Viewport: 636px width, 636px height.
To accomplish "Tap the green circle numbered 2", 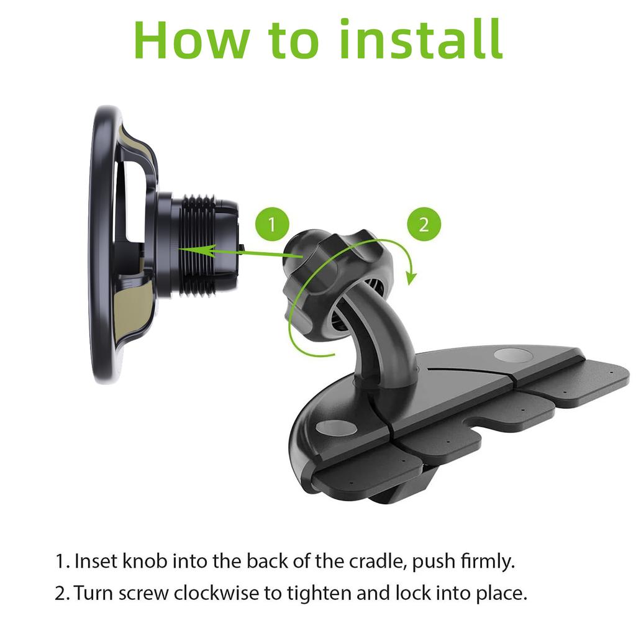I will click(x=424, y=224).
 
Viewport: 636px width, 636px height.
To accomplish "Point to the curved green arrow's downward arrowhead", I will click(x=410, y=277).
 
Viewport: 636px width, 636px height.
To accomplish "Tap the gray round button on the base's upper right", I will click(x=511, y=357).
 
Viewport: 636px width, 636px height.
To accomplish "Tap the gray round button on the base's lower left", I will click(x=335, y=429).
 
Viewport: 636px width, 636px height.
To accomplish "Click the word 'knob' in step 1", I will click(x=143, y=561).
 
